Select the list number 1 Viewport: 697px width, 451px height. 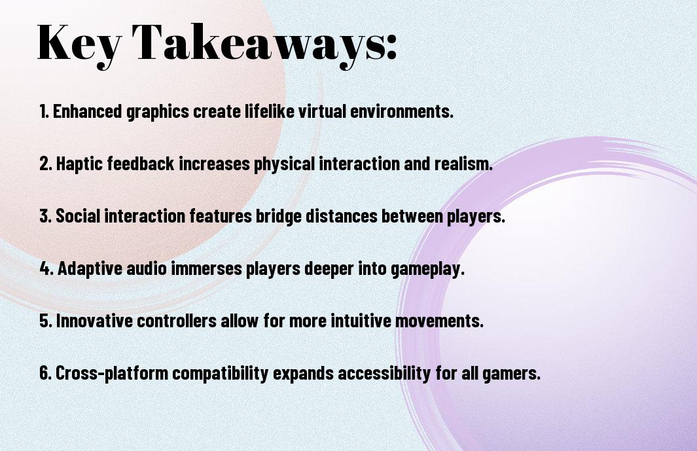[44, 111]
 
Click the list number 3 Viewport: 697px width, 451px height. [45, 216]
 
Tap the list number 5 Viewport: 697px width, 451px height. [45, 321]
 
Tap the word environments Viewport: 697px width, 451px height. [402, 111]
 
